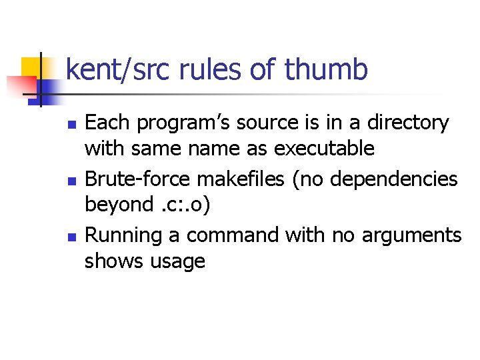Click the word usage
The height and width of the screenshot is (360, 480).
click(178, 261)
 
